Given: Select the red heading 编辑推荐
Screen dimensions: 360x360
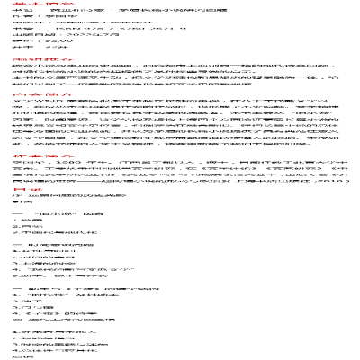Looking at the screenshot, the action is point(21,57).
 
